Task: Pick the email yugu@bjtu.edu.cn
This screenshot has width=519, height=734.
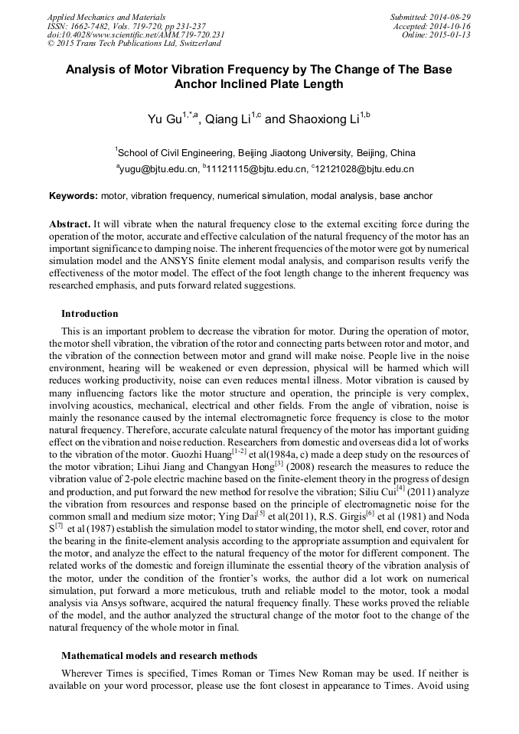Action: click(160, 169)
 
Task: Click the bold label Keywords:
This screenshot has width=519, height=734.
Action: click(73, 196)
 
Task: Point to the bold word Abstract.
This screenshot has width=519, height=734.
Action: click(70, 224)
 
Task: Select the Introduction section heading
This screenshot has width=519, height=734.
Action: click(90, 314)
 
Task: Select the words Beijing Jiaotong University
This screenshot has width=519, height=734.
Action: click(291, 152)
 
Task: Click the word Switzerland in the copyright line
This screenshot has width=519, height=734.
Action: click(195, 44)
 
